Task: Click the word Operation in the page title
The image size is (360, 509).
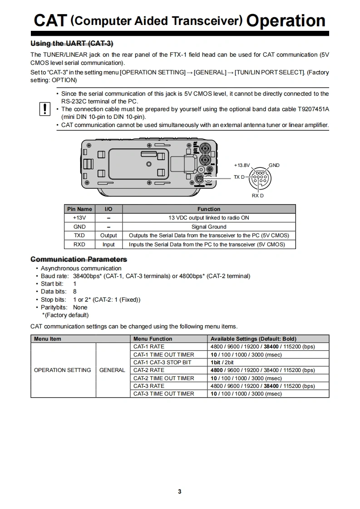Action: [286, 20]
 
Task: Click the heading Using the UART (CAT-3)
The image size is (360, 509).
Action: [72, 44]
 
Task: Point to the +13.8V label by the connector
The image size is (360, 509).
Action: [242, 165]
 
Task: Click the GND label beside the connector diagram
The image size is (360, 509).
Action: [274, 165]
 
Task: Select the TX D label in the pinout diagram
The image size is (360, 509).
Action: [239, 177]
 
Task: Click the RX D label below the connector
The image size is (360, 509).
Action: [257, 196]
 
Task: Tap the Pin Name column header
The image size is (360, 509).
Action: [79, 209]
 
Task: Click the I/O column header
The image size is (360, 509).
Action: [108, 209]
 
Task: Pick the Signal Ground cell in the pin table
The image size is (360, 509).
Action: [209, 227]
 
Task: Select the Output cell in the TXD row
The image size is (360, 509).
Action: [108, 235]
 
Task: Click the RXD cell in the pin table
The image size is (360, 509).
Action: [79, 245]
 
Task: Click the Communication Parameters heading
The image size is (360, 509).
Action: [79, 259]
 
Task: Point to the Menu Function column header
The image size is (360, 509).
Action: [153, 339]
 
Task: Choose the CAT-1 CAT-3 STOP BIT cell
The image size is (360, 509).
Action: [162, 362]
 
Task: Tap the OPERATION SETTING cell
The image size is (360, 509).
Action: [63, 370]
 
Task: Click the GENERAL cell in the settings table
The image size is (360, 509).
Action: [112, 370]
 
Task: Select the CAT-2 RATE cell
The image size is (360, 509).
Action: [149, 370]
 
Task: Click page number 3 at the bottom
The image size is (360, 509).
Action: [180, 492]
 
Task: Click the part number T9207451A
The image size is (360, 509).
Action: [313, 109]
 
